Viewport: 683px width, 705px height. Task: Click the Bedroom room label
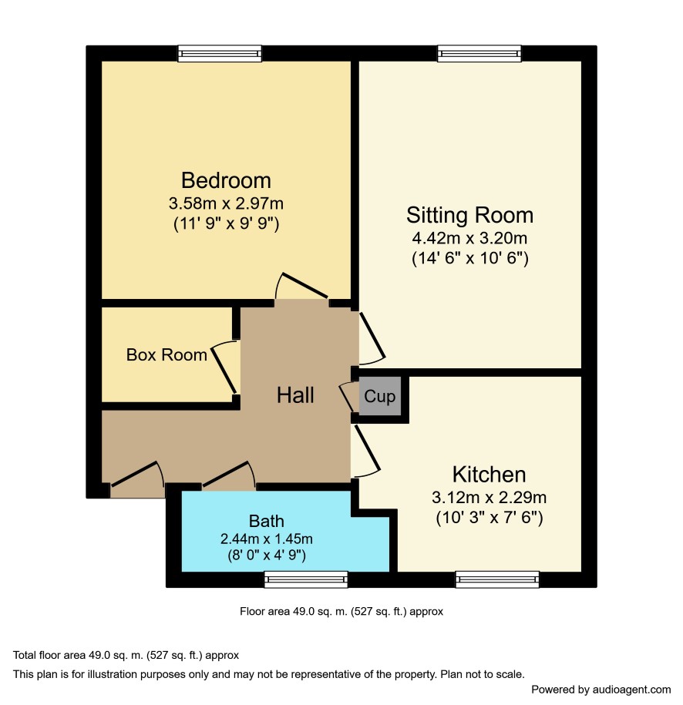point(226,180)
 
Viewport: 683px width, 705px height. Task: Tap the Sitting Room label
point(469,215)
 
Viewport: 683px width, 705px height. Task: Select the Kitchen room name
point(489,475)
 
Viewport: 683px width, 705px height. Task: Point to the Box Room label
point(167,354)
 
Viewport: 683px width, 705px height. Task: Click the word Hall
point(295,395)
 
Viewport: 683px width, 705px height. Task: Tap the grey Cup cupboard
point(380,396)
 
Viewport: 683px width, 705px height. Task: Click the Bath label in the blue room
point(267,521)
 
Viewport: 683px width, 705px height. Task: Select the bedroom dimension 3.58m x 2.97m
point(226,203)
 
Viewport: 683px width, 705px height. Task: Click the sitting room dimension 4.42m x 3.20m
point(469,238)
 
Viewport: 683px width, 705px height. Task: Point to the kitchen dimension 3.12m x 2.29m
point(489,497)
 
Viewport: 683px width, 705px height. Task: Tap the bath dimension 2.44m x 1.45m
point(267,539)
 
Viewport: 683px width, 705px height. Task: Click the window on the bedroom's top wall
point(220,53)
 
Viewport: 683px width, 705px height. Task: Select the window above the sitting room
point(479,53)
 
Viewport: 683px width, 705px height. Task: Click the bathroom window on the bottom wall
point(306,579)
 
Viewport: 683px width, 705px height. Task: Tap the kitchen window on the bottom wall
point(497,579)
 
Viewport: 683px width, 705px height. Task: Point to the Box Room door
point(224,367)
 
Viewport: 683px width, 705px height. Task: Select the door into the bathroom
point(229,474)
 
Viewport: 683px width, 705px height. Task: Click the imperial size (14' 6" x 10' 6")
point(470,258)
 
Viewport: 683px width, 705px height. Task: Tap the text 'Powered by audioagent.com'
point(601,690)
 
